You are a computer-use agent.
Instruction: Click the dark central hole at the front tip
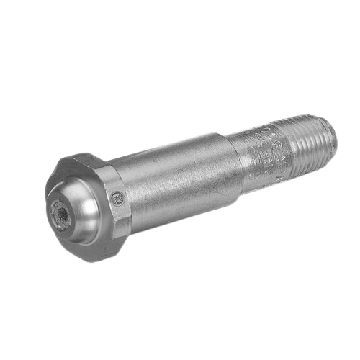59,213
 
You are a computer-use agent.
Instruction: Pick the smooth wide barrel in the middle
176,184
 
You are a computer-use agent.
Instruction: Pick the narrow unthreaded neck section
259,158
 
